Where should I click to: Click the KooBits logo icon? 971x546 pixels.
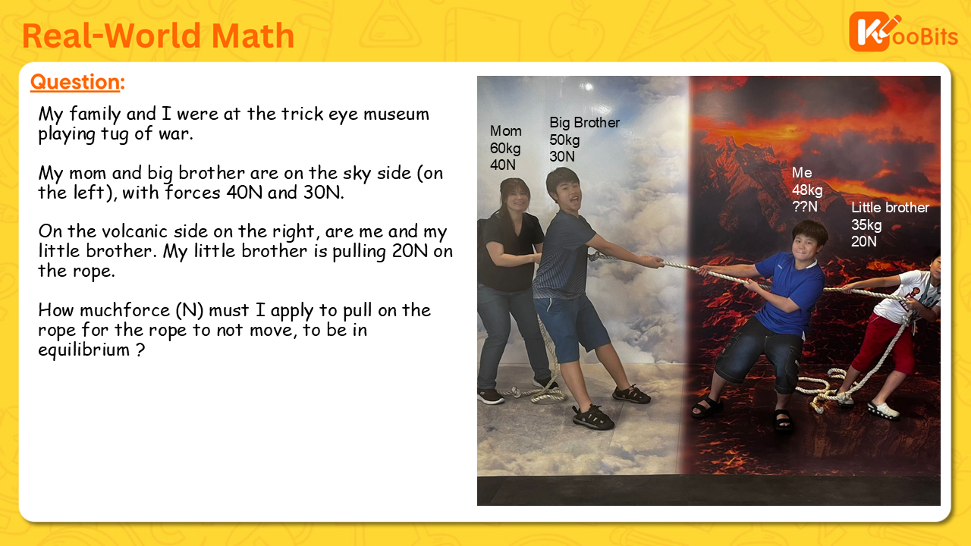tap(870, 31)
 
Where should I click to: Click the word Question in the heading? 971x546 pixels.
tap(75, 82)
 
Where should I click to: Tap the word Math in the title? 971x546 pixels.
tap(253, 35)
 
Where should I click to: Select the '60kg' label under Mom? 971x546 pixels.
tap(505, 148)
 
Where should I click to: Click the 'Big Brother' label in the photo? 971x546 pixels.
tap(584, 123)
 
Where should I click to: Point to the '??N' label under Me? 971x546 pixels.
tap(805, 207)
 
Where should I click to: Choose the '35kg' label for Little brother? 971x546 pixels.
tap(866, 225)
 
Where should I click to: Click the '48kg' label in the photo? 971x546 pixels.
tap(807, 190)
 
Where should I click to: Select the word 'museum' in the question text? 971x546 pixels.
tap(396, 114)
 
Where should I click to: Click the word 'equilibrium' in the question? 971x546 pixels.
tap(83, 350)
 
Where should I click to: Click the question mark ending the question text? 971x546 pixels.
tap(140, 350)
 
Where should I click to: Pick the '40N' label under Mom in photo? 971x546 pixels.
tap(503, 165)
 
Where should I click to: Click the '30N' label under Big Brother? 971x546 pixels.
tap(562, 156)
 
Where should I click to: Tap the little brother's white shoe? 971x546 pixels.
tap(883, 410)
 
